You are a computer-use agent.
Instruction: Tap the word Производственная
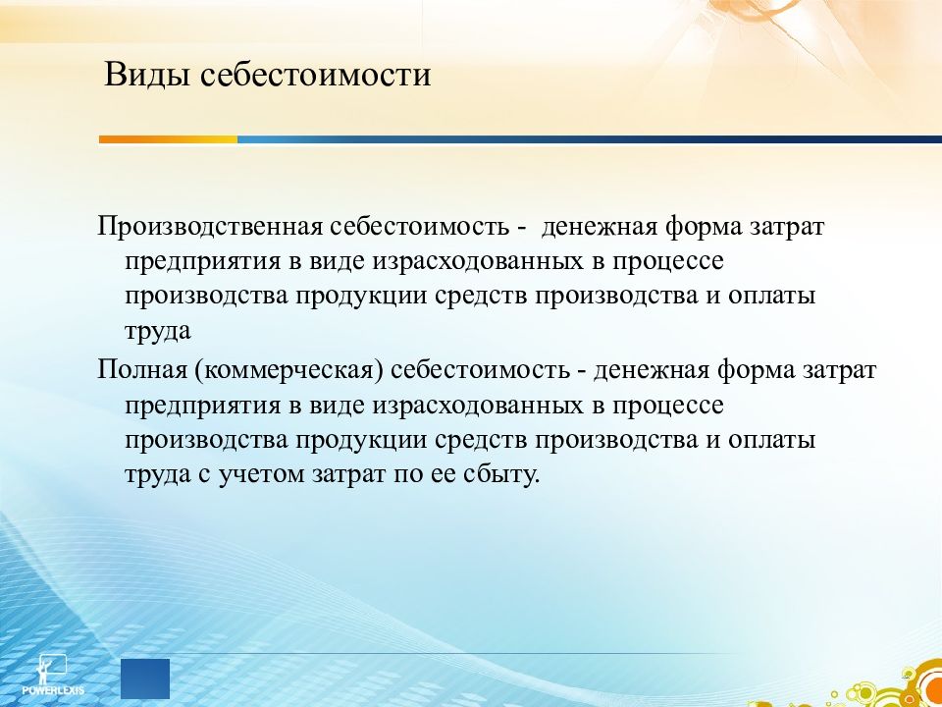(210, 227)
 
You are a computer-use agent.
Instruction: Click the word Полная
(141, 370)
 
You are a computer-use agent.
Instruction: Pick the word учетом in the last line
(261, 475)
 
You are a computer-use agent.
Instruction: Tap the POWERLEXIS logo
(52, 675)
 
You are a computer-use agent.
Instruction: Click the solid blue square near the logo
(145, 679)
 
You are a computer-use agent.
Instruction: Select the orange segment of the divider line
(168, 139)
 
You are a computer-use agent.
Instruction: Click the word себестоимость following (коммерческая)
(480, 370)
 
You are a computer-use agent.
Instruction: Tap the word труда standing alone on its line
(158, 332)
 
